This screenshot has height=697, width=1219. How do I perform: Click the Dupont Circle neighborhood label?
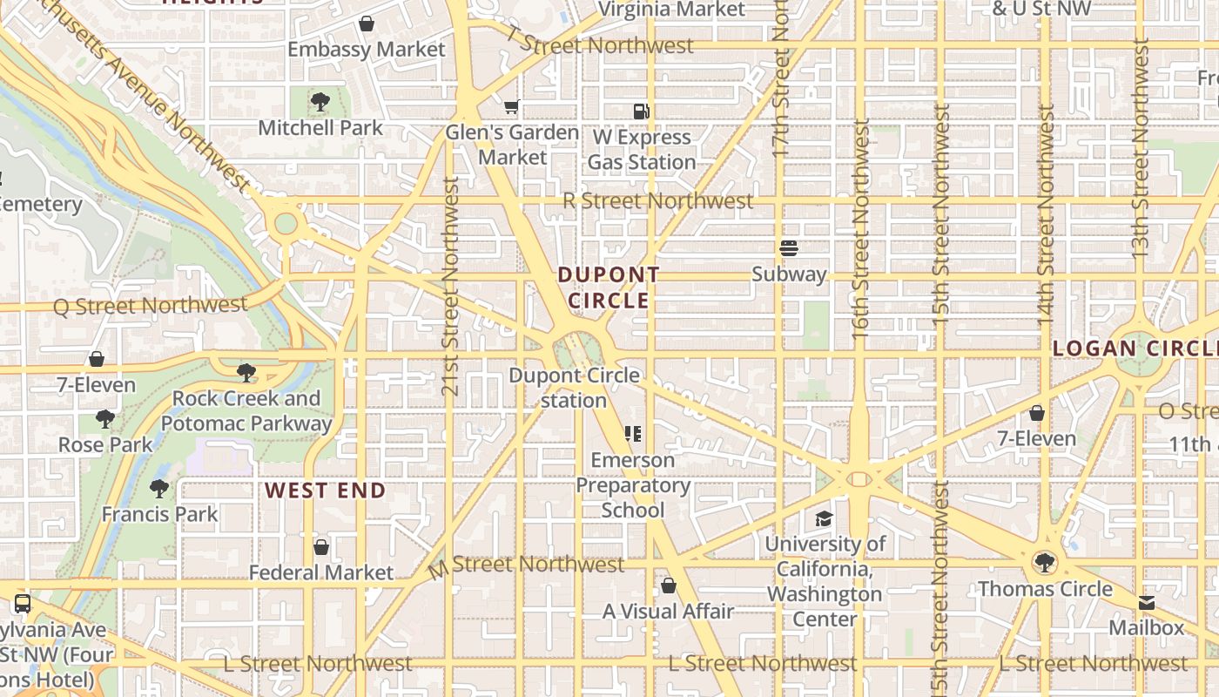coord(609,288)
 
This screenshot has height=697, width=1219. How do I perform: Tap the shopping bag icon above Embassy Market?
coord(367,24)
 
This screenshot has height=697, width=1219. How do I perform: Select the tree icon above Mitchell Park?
coord(320,102)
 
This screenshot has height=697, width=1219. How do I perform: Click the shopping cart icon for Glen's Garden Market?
coord(512,107)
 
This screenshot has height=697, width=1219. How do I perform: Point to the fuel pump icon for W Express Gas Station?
coord(642,112)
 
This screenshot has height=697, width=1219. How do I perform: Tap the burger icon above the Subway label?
coord(789,248)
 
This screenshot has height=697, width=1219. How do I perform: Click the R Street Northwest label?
coord(657,200)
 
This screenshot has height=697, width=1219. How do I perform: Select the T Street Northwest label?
coord(601,44)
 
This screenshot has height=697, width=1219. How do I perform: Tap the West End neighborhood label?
coord(326,491)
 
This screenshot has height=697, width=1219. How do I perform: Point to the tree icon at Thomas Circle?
coord(1044,563)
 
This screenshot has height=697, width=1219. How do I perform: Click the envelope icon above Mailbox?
coord(1146,603)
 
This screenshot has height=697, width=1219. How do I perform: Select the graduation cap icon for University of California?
coord(824,519)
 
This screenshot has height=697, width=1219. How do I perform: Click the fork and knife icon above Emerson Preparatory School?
coord(633,434)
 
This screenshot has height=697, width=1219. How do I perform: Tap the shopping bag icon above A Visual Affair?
coord(669,585)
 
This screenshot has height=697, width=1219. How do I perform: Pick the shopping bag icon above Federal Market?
coord(321,547)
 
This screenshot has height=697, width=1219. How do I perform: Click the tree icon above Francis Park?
coord(158,488)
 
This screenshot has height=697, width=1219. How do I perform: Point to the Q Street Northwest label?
coord(151,306)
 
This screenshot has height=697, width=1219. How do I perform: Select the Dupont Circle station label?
coord(574,388)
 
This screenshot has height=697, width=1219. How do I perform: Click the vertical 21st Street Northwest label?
coord(450,286)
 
